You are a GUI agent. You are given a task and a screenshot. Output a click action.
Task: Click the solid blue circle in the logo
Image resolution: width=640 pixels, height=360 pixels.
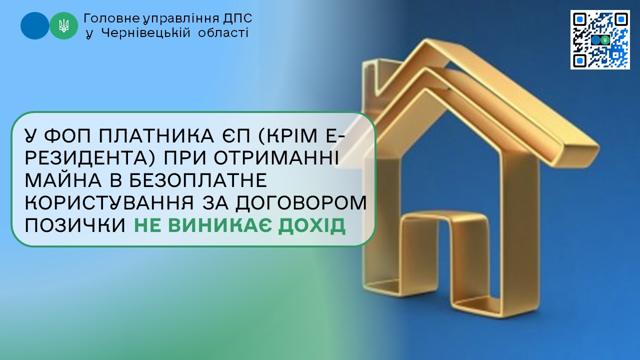[34, 25]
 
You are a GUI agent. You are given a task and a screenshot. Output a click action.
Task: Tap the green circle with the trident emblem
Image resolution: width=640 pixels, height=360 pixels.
[63, 25]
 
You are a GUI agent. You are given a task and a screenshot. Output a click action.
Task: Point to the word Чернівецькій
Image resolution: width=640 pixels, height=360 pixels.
[145, 33]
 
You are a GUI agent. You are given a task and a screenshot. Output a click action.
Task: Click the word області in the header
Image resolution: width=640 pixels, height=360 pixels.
[223, 33]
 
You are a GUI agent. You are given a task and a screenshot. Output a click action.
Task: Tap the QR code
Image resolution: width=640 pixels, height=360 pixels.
[600, 39]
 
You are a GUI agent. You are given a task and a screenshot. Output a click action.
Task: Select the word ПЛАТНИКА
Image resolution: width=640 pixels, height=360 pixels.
[156, 135]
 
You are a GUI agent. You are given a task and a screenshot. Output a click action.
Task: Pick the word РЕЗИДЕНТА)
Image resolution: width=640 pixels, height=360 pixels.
[90, 158]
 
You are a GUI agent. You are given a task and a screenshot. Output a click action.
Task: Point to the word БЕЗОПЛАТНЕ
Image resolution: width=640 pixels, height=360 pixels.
[198, 180]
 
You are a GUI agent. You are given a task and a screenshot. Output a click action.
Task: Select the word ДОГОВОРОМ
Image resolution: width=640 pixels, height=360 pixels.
[301, 203]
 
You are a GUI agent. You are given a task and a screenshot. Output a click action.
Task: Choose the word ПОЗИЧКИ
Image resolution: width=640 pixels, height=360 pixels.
[75, 225]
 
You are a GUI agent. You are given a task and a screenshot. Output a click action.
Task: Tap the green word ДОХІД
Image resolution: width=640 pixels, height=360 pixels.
[312, 226]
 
